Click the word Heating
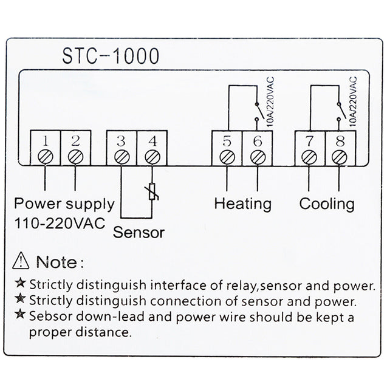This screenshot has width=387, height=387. tap(242, 204)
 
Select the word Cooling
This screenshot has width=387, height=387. tap(326, 204)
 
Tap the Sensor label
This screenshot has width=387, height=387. tap(139, 232)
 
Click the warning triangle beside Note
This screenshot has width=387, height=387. tap(21, 261)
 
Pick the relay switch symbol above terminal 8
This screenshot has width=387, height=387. tap(341, 113)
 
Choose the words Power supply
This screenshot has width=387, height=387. tap(64, 204)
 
